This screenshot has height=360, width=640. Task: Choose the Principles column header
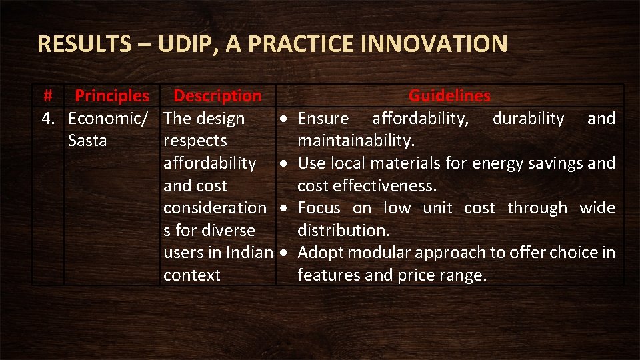112,96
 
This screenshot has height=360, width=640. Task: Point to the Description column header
217,96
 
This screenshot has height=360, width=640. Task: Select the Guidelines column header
449,96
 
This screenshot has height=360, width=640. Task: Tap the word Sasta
87,141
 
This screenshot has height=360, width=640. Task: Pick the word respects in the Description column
195,141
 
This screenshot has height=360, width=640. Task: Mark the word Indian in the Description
250,253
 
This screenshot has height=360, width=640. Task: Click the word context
192,275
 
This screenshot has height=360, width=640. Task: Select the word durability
528,119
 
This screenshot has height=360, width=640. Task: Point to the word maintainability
356,141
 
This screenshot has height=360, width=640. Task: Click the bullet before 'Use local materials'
284,163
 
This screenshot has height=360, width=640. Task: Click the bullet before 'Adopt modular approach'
284,253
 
